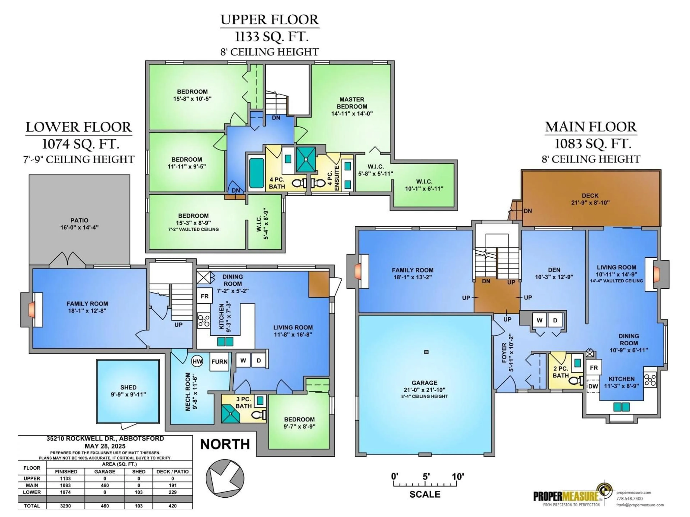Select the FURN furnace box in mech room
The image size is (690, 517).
point(219,362)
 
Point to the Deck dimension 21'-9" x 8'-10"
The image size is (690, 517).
point(590,202)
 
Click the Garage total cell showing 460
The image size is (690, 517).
point(105,506)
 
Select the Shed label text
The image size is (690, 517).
point(128,387)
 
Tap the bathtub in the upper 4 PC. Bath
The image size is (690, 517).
point(257,173)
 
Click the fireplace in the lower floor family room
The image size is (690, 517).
point(32,310)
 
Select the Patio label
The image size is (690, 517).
point(79,220)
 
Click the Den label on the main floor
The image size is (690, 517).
point(554,270)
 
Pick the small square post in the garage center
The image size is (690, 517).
point(426,352)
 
